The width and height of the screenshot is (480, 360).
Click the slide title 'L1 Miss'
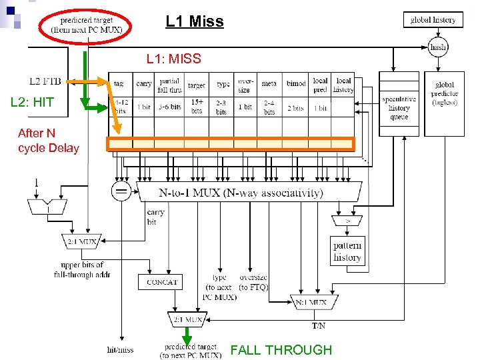tap(195, 22)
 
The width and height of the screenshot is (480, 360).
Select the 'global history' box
tap(433, 20)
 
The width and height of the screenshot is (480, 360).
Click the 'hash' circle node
tap(438, 47)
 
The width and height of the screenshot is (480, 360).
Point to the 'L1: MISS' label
tap(173, 59)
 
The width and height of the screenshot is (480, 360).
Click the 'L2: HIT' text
tap(32, 103)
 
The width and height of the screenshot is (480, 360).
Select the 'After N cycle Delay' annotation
tap(48, 141)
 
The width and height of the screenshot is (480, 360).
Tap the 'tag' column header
tap(119, 84)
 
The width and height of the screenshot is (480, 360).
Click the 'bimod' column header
tap(296, 84)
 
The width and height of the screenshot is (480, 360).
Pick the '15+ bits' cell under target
tap(197, 106)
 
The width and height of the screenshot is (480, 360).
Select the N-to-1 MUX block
tap(249, 193)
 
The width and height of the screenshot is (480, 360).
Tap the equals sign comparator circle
tap(122, 192)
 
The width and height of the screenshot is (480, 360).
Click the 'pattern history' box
tap(347, 251)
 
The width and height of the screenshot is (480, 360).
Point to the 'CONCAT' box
tap(161, 282)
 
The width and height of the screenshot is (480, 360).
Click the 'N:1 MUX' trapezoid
tap(311, 303)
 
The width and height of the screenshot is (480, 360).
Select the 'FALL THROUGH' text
tap(281, 350)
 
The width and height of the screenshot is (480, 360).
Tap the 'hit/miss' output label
tap(120, 349)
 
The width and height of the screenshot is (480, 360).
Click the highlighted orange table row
tap(231, 143)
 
